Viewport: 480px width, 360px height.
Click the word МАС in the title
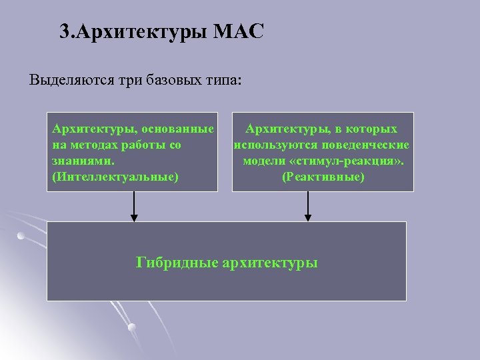(x=239, y=32)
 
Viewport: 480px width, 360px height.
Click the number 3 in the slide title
(x=64, y=32)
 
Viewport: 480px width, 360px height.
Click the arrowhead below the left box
(x=134, y=216)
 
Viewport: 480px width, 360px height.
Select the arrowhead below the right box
(x=308, y=216)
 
